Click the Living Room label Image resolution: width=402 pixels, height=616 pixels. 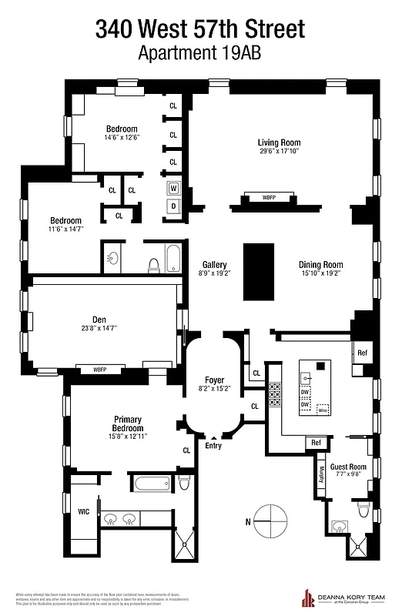tap(279, 142)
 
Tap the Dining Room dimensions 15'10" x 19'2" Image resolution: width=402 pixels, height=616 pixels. tap(320, 273)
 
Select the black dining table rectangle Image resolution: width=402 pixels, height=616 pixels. tap(259, 273)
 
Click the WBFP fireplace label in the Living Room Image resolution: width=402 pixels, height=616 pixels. tap(269, 198)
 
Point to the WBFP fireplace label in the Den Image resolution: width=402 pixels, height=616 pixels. tap(100, 369)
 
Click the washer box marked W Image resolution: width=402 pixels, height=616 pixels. tap(173, 188)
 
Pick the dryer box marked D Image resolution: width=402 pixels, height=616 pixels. tap(173, 206)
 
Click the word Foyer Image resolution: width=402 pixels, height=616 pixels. tap(214, 380)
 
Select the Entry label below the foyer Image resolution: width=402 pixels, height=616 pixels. tap(213, 444)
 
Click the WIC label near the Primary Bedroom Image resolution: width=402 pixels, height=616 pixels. tap(83, 511)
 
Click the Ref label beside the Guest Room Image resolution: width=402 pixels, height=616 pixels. tap(315, 443)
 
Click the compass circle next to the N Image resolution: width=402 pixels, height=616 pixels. tap(271, 521)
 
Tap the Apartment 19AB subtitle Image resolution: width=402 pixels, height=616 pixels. tap(200, 54)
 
